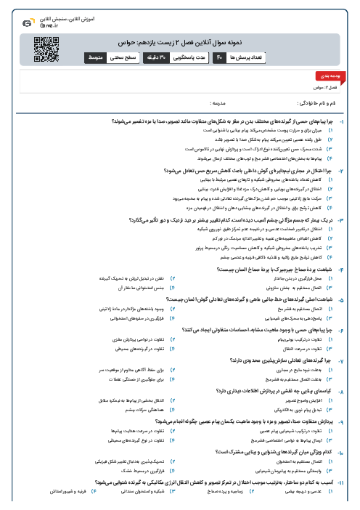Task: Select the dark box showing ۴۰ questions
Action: (218, 56)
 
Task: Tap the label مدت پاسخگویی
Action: (187, 56)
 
